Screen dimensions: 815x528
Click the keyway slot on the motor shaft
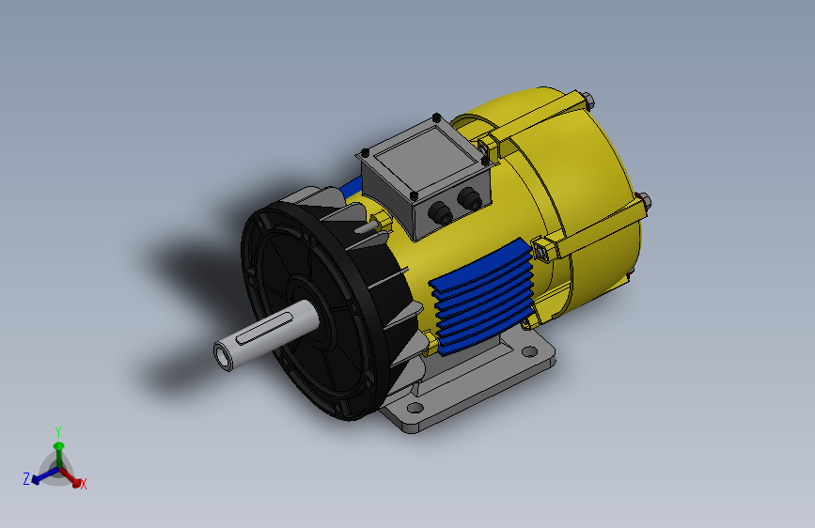point(263,329)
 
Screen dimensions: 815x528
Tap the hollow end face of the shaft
point(224,356)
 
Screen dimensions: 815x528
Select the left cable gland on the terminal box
point(440,212)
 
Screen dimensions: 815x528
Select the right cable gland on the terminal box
point(470,198)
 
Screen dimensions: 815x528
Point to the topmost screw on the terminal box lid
point(436,117)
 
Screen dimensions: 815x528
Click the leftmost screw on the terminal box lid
point(365,153)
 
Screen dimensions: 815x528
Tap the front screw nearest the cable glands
point(415,196)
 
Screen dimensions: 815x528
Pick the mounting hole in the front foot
point(415,408)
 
